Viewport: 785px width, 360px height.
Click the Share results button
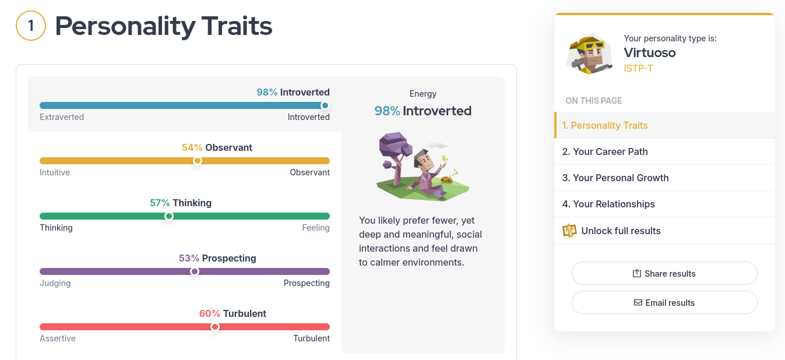(664, 273)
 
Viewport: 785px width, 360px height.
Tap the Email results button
(664, 302)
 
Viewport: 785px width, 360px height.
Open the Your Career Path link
(605, 151)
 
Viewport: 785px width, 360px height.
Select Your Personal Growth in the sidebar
(615, 178)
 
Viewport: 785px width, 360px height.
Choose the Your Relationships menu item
(608, 204)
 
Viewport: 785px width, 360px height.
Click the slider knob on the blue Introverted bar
(325, 105)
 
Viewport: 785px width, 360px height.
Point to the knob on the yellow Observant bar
(198, 161)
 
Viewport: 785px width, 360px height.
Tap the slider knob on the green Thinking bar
(169, 216)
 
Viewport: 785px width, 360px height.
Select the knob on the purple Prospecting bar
(195, 271)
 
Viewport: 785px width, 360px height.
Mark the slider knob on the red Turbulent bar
(215, 327)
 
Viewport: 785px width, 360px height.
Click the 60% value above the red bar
(210, 313)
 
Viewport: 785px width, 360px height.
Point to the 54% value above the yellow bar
(192, 147)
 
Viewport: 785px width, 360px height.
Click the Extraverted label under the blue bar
(62, 117)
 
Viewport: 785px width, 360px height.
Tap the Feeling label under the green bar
(316, 228)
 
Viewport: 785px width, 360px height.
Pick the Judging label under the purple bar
(55, 283)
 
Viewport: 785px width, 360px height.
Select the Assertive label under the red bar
(58, 338)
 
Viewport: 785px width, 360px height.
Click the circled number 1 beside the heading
(31, 26)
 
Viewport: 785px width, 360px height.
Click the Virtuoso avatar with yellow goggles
(589, 54)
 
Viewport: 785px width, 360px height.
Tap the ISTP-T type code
(638, 68)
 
